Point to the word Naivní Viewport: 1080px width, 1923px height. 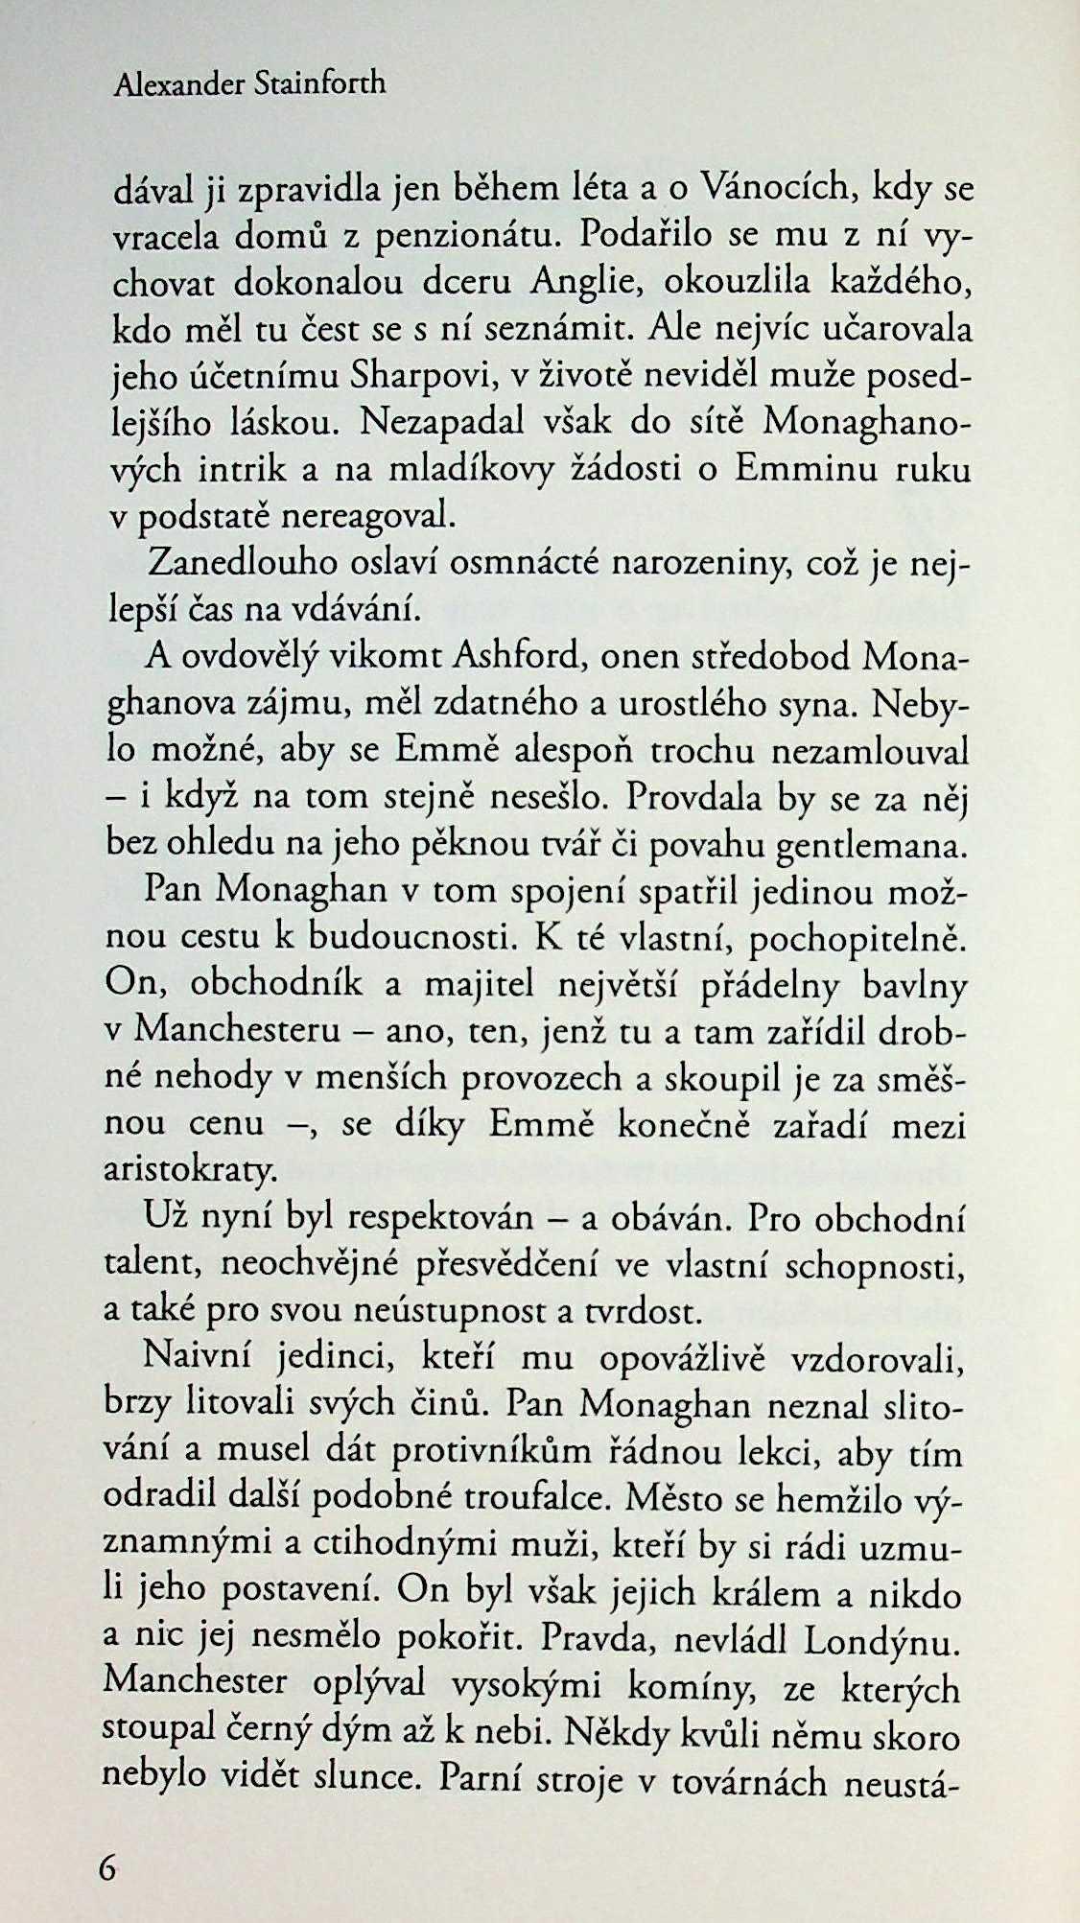193,1359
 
